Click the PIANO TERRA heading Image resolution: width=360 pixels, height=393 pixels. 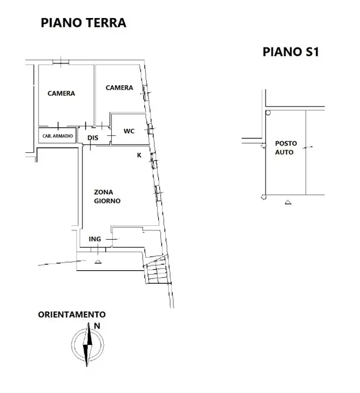pyautogui.click(x=83, y=22)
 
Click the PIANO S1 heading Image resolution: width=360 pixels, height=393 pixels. pyautogui.click(x=290, y=52)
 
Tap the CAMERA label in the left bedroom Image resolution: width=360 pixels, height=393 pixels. pyautogui.click(x=61, y=93)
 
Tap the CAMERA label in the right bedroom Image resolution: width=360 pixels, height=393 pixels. pyautogui.click(x=119, y=88)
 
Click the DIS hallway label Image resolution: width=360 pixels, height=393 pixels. pyautogui.click(x=93, y=138)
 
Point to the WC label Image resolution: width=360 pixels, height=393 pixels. pyautogui.click(x=129, y=131)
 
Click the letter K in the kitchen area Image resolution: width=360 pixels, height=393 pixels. pyautogui.click(x=139, y=155)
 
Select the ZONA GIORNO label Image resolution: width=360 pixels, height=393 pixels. pyautogui.click(x=106, y=196)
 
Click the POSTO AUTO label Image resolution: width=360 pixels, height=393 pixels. pyautogui.click(x=284, y=148)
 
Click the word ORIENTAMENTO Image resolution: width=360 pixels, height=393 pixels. pyautogui.click(x=71, y=315)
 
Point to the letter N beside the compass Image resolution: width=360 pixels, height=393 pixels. pyautogui.click(x=97, y=326)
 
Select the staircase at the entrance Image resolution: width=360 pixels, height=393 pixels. pyautogui.click(x=156, y=270)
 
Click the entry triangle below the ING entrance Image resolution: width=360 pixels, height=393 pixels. pyautogui.click(x=98, y=262)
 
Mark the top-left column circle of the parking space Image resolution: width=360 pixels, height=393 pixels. pyautogui.click(x=267, y=114)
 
